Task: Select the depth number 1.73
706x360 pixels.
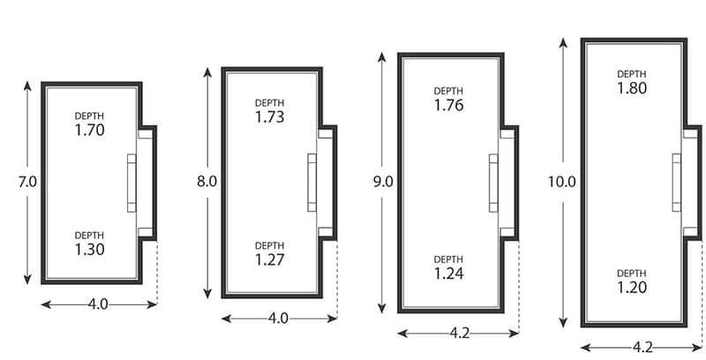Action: (x=269, y=116)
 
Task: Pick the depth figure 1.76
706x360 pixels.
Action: (x=449, y=105)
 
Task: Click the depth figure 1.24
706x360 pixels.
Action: (x=449, y=273)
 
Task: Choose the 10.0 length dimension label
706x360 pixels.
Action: (x=561, y=184)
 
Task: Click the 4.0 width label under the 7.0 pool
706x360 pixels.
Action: (x=98, y=305)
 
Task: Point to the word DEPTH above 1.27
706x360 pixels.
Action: (x=269, y=246)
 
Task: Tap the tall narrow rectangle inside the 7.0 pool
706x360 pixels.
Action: (x=133, y=184)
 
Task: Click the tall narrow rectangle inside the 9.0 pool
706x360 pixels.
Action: (x=494, y=184)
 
